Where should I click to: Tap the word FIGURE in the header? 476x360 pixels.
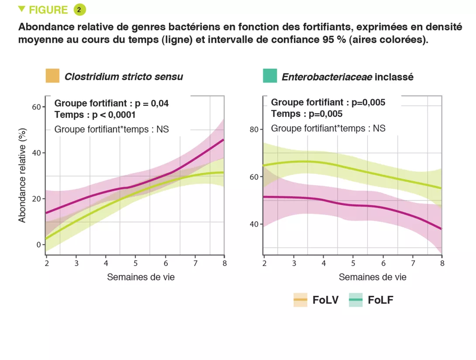(48, 10)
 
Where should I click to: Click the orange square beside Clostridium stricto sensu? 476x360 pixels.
(52, 76)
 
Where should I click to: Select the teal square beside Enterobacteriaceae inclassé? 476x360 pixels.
(270, 76)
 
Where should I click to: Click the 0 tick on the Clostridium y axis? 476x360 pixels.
(38, 245)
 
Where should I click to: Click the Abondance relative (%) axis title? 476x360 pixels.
(22, 175)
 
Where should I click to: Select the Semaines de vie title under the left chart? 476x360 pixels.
(141, 277)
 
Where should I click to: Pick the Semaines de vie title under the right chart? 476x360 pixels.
(373, 277)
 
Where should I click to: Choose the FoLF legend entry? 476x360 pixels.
(371, 300)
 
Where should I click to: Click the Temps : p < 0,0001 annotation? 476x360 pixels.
(95, 115)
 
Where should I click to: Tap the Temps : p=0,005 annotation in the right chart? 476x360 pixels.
(307, 114)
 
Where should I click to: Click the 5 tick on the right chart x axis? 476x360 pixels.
(353, 263)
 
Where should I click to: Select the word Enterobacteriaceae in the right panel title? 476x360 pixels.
(327, 77)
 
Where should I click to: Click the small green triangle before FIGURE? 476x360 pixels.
(21, 9)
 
